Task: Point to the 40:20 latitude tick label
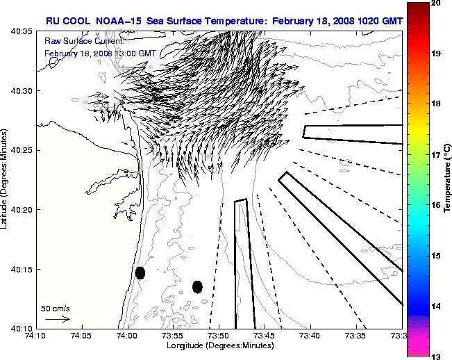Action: tap(20, 210)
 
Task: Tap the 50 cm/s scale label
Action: tap(55, 308)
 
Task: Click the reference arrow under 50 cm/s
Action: tap(57, 319)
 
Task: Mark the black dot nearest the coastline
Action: tap(140, 272)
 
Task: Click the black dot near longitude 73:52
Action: tap(197, 286)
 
